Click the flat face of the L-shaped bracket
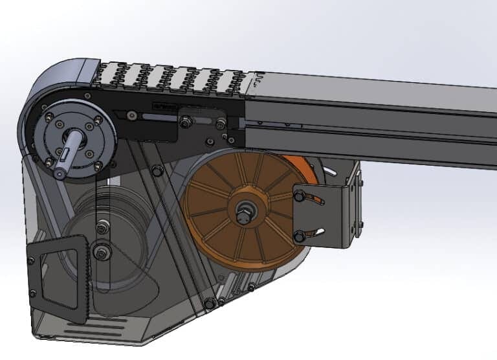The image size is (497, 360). [324, 217]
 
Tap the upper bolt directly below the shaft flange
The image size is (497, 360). [101, 228]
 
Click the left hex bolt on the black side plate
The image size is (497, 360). [186, 120]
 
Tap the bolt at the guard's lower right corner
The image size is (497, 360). [209, 303]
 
